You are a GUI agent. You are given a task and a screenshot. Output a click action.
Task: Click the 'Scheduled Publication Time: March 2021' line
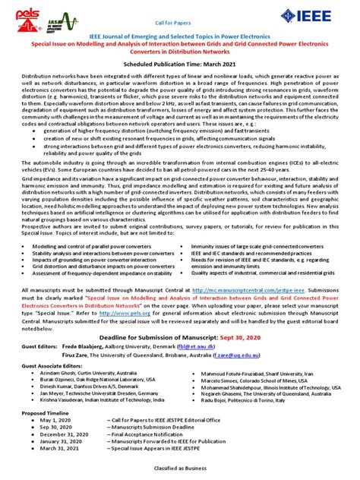pos(180,65)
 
